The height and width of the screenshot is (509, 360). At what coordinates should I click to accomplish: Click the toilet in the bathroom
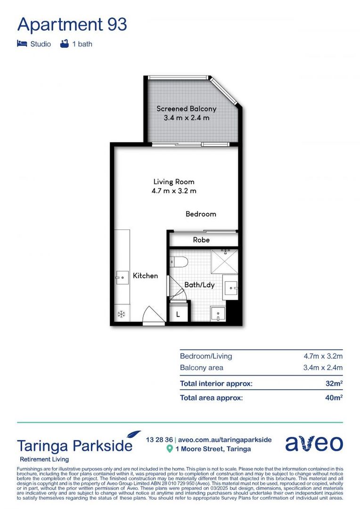tap(180, 262)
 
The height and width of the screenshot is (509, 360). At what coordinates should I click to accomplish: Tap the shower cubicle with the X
tap(224, 262)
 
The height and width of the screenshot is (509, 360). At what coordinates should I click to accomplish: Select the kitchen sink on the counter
tap(122, 278)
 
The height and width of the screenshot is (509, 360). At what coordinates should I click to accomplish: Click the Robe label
tap(201, 240)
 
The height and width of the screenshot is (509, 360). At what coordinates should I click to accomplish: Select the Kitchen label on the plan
tap(145, 276)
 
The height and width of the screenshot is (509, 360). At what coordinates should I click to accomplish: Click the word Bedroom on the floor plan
tap(201, 214)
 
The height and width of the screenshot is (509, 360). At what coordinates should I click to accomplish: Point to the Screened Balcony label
tap(187, 109)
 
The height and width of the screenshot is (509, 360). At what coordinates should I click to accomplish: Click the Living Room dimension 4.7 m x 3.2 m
tap(174, 191)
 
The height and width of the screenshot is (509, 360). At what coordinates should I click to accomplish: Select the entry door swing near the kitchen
tap(153, 315)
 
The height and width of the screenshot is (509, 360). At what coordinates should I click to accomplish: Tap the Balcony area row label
tap(202, 368)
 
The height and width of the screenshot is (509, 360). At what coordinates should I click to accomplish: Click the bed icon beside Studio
tap(22, 44)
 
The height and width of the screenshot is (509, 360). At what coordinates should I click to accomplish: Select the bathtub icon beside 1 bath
tap(65, 44)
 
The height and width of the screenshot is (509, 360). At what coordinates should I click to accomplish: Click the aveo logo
tap(314, 443)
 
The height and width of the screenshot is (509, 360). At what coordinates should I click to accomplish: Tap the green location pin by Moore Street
tap(170, 449)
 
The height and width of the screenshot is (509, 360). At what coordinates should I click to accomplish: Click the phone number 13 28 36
tap(159, 439)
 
